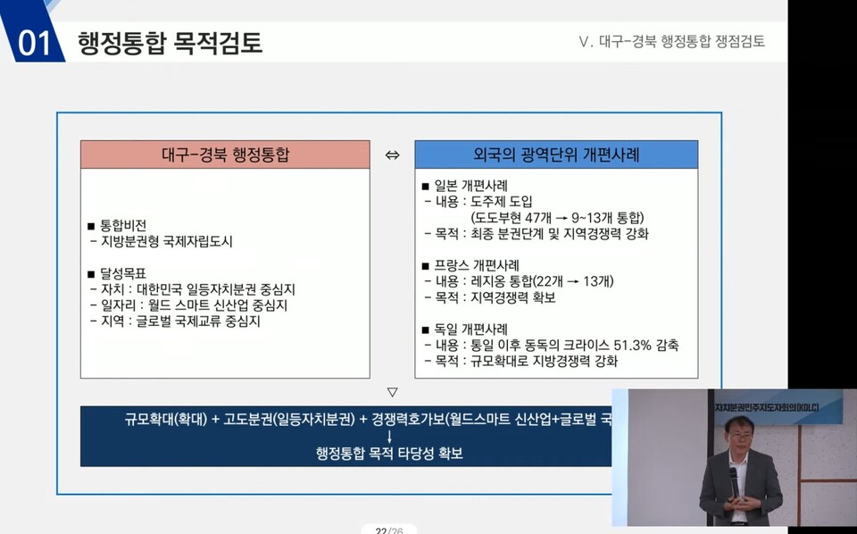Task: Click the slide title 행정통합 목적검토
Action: point(170,42)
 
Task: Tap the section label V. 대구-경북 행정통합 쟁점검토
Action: point(672,42)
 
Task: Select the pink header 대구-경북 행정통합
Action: point(225,154)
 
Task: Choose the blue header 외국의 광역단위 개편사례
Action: point(555,154)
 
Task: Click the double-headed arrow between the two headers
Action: point(392,155)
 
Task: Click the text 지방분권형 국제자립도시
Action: point(166,241)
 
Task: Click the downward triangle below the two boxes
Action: point(392,391)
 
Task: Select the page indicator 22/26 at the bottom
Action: point(389,530)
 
